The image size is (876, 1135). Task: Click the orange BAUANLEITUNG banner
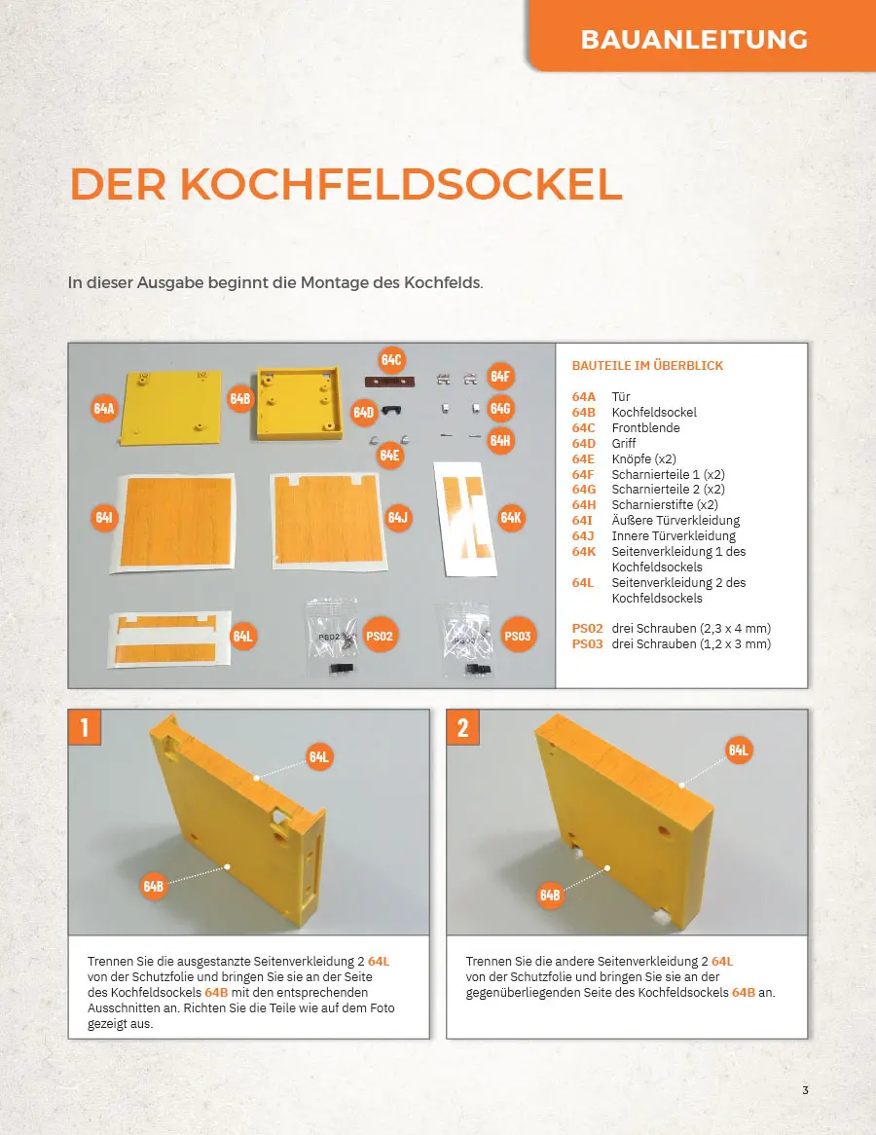tap(702, 36)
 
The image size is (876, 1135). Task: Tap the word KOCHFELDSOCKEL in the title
tap(401, 184)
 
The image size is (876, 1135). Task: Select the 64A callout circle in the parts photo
tap(104, 408)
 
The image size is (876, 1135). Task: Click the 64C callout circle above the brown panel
tap(391, 360)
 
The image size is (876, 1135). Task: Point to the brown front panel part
tap(389, 382)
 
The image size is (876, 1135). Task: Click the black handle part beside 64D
tap(391, 411)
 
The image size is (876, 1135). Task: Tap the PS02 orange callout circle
tap(380, 636)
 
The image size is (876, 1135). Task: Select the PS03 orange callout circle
tap(518, 636)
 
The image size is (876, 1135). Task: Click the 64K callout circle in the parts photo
tap(511, 517)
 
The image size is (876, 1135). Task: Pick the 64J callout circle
tap(398, 517)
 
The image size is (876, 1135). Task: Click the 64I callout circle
tap(104, 517)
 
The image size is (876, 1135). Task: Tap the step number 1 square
tap(85, 727)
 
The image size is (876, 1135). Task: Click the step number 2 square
tap(463, 727)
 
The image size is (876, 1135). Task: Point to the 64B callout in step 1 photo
tap(154, 885)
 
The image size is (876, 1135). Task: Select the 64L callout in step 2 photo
tap(739, 750)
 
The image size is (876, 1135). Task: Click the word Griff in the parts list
tap(623, 443)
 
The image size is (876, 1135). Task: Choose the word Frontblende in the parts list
tap(645, 427)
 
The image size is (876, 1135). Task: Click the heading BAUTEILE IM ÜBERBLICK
tap(647, 366)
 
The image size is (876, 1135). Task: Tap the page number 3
tap(805, 1090)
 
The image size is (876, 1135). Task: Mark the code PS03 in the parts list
tap(587, 643)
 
